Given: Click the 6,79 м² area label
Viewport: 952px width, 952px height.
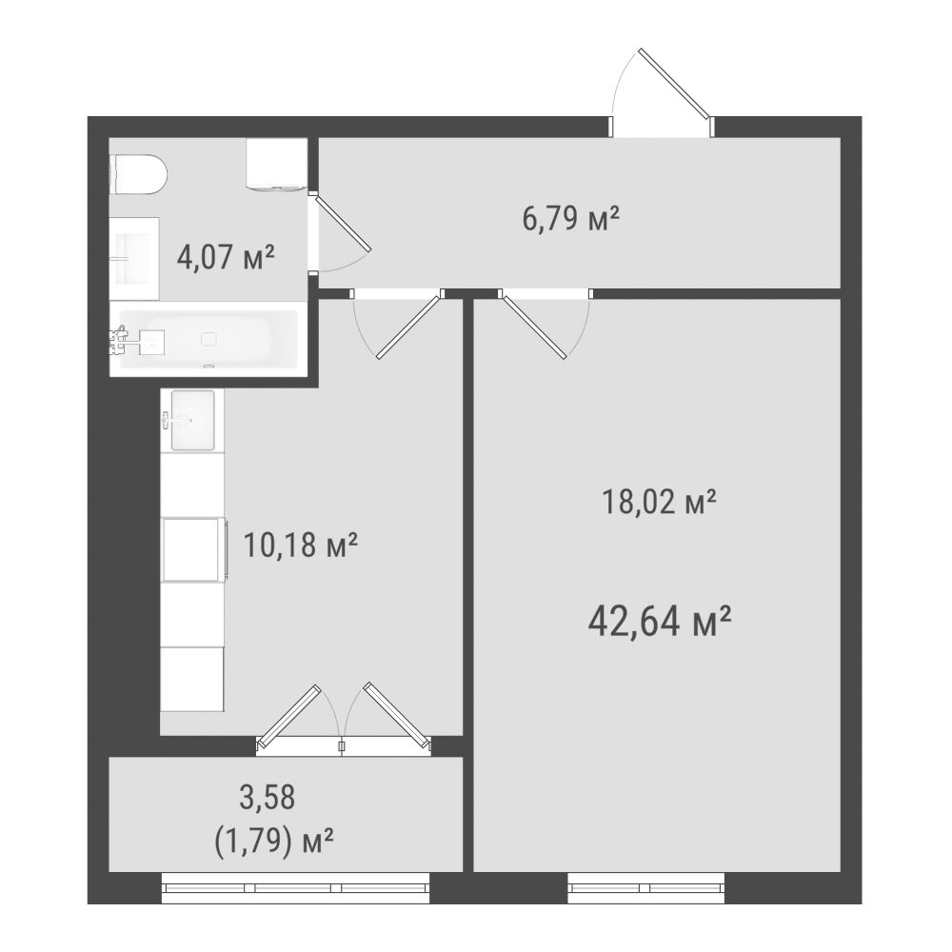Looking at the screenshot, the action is tap(570, 219).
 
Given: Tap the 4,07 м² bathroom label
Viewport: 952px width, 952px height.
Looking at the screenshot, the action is tap(226, 257).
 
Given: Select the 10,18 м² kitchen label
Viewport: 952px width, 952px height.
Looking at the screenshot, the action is tap(301, 545).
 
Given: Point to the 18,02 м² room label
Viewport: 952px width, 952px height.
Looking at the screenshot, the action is tap(659, 502).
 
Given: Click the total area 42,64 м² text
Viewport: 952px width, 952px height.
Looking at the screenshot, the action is tap(660, 622).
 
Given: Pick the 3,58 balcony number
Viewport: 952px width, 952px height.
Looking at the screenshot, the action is tap(268, 797).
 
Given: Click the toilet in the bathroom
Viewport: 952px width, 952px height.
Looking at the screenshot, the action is tap(138, 174).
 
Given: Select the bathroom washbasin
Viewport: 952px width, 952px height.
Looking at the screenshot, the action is tap(134, 259).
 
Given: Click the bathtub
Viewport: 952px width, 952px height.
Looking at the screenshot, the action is tap(208, 340).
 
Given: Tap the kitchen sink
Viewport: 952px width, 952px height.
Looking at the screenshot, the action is tap(192, 420).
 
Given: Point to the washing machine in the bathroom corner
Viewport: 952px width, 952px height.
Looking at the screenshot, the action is tap(276, 164).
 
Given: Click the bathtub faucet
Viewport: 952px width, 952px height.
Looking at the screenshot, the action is tap(119, 340).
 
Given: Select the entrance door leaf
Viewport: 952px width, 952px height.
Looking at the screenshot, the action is tap(674, 83).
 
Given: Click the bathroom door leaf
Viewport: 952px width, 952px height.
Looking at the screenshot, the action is tap(343, 222).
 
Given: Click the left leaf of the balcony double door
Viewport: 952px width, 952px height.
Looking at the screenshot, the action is tap(288, 717).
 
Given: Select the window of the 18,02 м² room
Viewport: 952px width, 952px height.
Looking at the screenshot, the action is tap(646, 887).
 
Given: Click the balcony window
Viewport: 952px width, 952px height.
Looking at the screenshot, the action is tap(296, 887).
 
